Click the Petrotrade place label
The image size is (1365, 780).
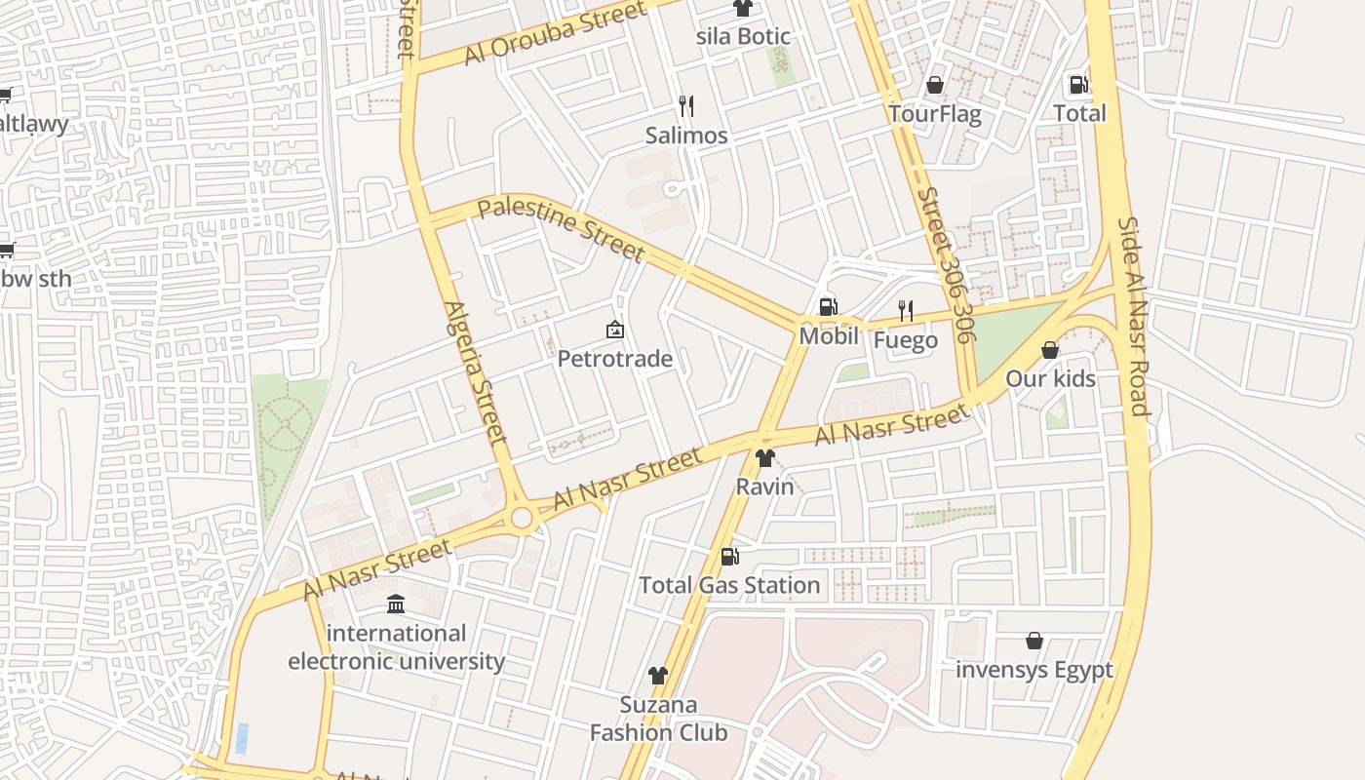click(x=614, y=359)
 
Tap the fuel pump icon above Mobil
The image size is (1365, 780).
click(x=828, y=307)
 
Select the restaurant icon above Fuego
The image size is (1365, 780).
click(x=906, y=311)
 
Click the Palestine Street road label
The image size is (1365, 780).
click(x=562, y=229)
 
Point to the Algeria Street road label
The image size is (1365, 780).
click(x=476, y=372)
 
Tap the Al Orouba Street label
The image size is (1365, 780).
click(x=556, y=33)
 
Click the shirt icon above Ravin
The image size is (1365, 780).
click(x=764, y=458)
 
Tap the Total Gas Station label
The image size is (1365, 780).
click(x=729, y=585)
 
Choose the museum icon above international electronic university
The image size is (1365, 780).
click(x=396, y=604)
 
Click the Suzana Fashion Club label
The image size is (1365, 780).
click(x=659, y=719)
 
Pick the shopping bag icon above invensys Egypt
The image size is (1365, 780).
click(x=1034, y=641)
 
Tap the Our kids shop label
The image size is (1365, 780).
click(x=1050, y=378)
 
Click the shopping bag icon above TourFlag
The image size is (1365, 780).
click(x=934, y=85)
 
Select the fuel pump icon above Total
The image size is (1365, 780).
click(x=1078, y=85)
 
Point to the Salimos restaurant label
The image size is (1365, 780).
click(x=686, y=136)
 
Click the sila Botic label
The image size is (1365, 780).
click(x=743, y=37)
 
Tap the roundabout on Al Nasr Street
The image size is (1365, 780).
click(x=523, y=518)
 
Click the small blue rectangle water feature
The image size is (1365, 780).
click(x=242, y=738)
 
